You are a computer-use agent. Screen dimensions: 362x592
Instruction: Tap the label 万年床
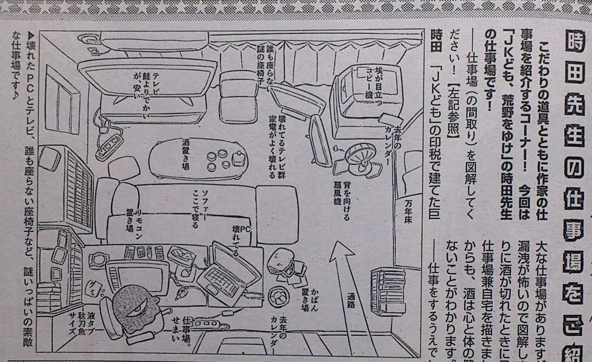(x=409, y=216)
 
